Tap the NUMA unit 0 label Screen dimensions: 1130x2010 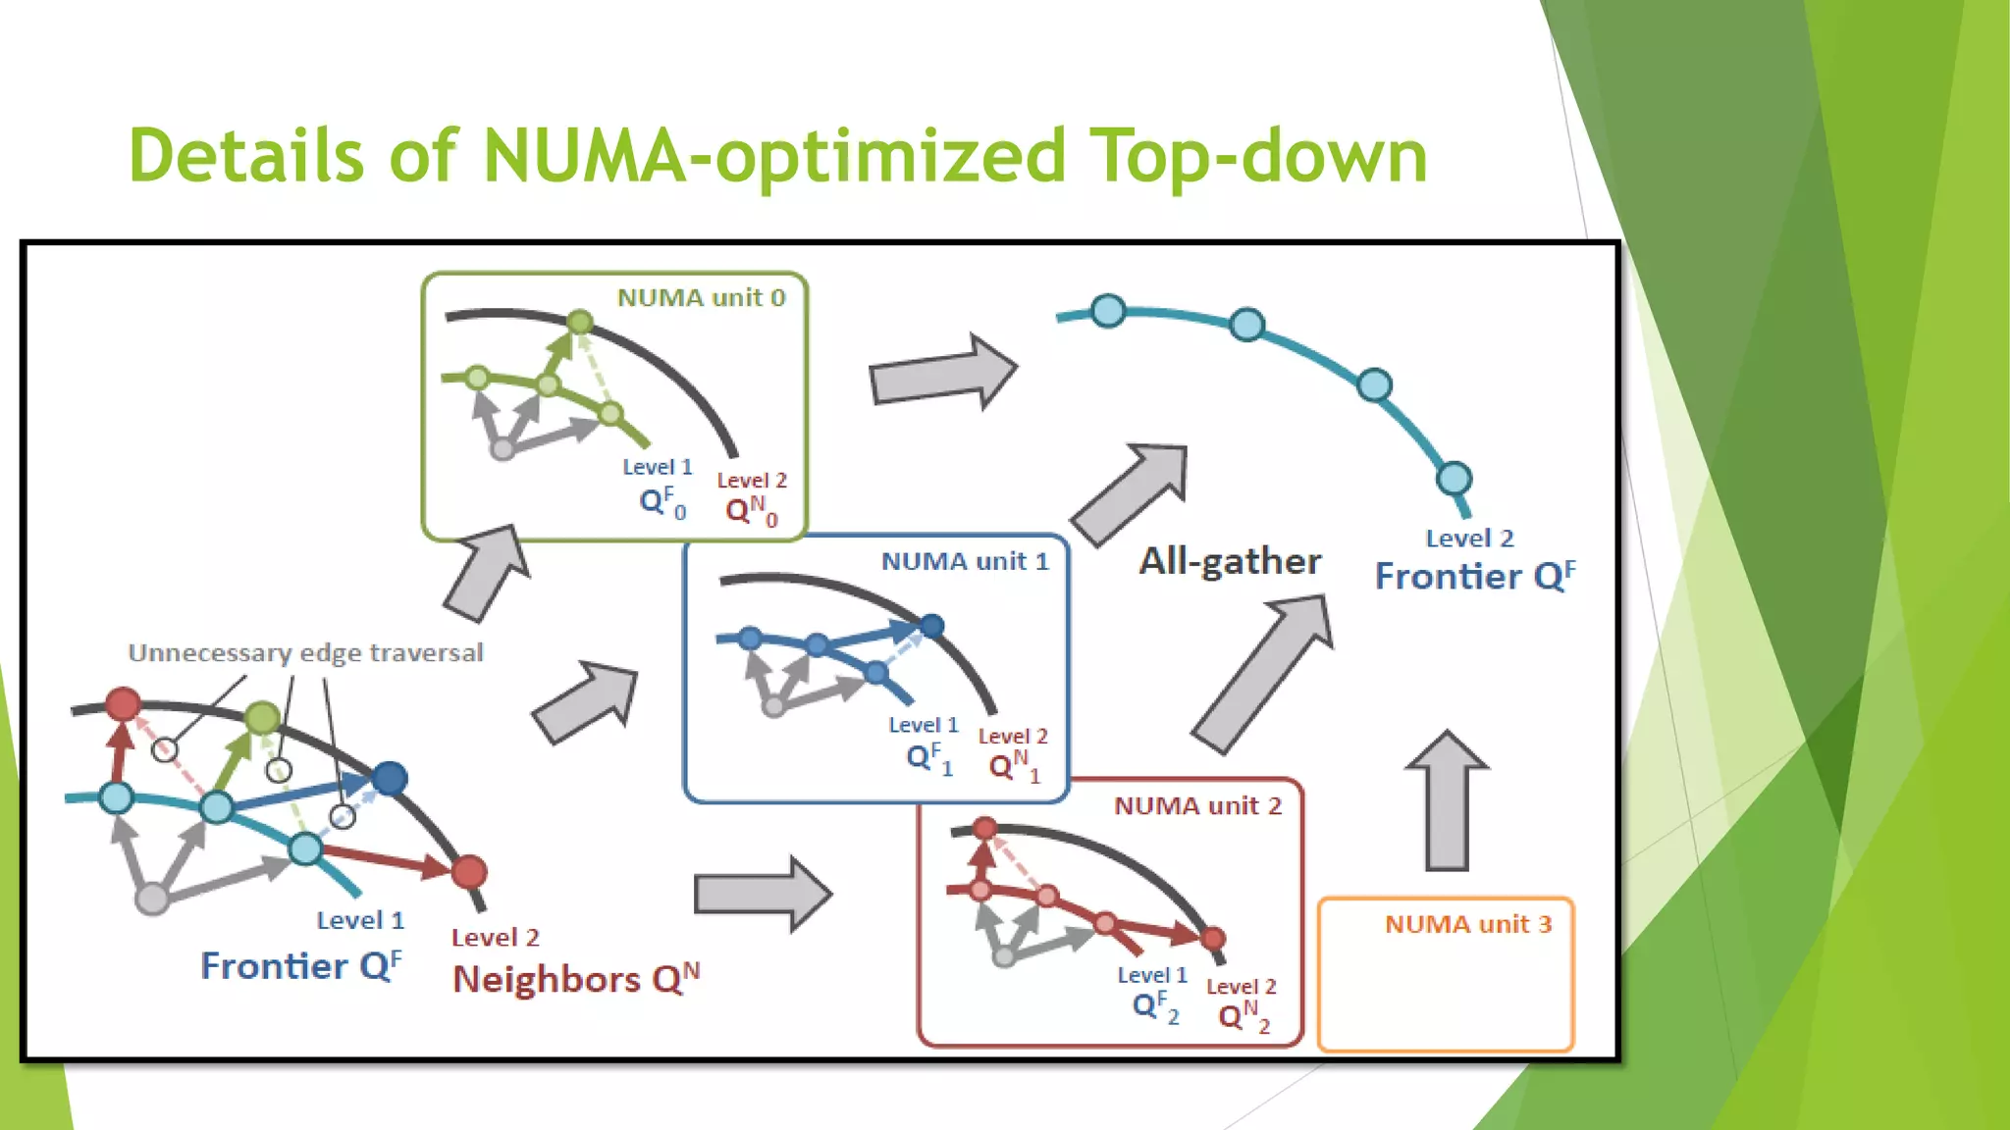pyautogui.click(x=701, y=298)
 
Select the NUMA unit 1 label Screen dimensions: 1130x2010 pyautogui.click(x=964, y=562)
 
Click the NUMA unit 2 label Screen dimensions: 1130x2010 pyautogui.click(x=1197, y=806)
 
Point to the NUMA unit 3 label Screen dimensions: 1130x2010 pyautogui.click(x=1467, y=925)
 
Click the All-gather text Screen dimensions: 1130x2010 pyautogui.click(x=1229, y=561)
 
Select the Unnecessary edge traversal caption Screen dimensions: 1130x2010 pyautogui.click(x=305, y=653)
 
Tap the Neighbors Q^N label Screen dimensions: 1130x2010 pyautogui.click(x=576, y=979)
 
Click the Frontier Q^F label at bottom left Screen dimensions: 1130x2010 pyautogui.click(x=300, y=966)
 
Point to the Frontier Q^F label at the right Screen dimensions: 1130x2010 pyautogui.click(x=1474, y=577)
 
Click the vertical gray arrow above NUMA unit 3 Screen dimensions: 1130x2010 pyautogui.click(x=1447, y=799)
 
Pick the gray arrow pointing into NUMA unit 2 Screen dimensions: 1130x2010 pyautogui.click(x=763, y=894)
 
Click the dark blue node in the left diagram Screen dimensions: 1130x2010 pyautogui.click(x=390, y=779)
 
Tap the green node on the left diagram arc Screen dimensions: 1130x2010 pyautogui.click(x=262, y=718)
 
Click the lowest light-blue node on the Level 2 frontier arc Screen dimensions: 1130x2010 pyautogui.click(x=1454, y=479)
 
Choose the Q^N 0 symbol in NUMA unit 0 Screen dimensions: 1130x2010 pyautogui.click(x=751, y=510)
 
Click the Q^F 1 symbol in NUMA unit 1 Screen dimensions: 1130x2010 pyautogui.click(x=928, y=758)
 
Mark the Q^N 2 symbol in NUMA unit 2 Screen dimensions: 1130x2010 pyautogui.click(x=1243, y=1016)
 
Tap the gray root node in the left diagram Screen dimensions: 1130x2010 pyautogui.click(x=152, y=899)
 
